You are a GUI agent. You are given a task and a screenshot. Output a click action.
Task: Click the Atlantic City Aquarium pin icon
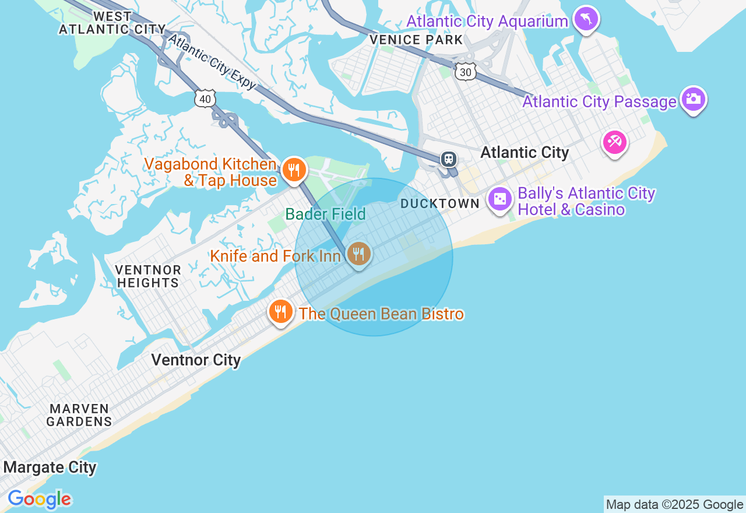(586, 19)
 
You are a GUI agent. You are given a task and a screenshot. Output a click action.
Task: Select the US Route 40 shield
(205, 99)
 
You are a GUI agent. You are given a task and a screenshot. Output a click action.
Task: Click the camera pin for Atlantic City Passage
(693, 99)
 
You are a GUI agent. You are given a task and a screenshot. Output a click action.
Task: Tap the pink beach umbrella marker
(615, 142)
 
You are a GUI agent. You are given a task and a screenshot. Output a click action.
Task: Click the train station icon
(449, 159)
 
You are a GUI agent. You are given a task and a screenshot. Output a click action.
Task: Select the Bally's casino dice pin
(500, 199)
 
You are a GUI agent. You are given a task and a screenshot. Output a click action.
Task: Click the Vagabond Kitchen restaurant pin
(294, 170)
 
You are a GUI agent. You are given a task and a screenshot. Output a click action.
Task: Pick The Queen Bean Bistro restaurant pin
(280, 311)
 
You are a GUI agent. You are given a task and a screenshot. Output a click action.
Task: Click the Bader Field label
(325, 215)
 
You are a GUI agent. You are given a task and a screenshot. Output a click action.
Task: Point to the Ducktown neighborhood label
(440, 203)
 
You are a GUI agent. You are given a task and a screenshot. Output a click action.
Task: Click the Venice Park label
(416, 40)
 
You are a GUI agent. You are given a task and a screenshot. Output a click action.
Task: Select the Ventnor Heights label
(147, 276)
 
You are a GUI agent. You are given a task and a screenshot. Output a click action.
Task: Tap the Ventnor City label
(196, 360)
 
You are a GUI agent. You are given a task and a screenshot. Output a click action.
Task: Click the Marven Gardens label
(79, 415)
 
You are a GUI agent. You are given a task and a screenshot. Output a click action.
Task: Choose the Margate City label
(50, 467)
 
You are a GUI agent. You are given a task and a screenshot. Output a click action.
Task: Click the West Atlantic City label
(112, 22)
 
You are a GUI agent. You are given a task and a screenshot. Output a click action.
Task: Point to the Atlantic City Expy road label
(212, 62)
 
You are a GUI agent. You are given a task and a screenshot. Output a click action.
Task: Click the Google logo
(39, 500)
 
